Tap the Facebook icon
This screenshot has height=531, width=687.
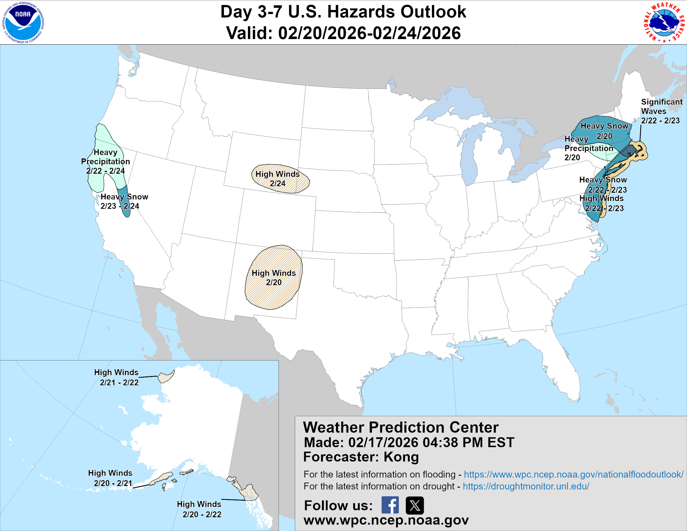390,505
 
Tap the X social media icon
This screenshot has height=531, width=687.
415,505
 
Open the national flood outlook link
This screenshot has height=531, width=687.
573,474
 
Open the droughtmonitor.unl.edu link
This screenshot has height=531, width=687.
526,486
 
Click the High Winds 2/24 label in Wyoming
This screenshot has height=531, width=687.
277,179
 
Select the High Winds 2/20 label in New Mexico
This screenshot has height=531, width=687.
274,277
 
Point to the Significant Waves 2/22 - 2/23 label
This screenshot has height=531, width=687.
661,111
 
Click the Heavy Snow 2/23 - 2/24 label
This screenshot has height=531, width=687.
124,201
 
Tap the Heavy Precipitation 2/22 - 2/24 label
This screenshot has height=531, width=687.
105,161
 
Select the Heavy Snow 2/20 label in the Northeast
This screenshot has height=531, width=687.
604,131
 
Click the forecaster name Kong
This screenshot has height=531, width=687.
401,457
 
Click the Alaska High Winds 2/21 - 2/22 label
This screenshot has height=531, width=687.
116,377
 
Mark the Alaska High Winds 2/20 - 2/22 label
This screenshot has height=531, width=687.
199,509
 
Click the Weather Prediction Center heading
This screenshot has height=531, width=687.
400,427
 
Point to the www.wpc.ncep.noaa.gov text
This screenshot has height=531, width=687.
386,520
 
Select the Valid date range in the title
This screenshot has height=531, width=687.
343,33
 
